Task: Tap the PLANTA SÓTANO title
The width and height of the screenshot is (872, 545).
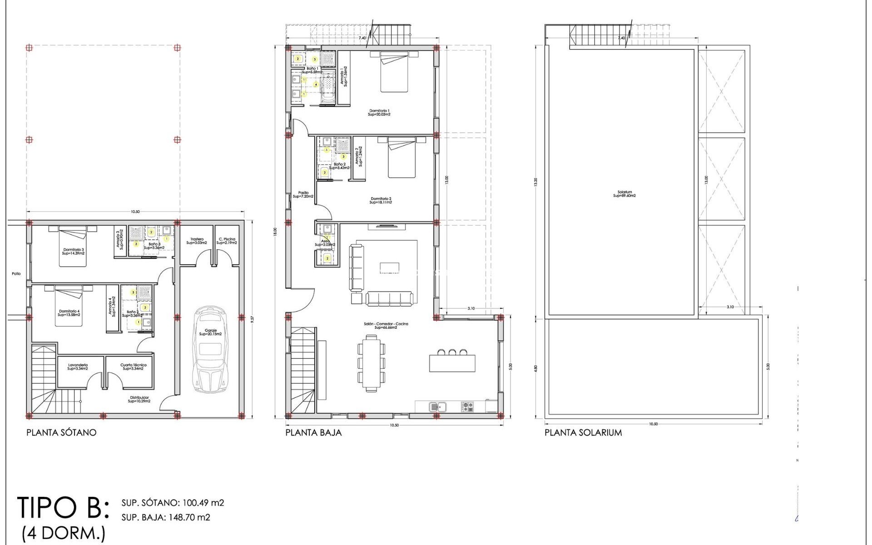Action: pyautogui.click(x=61, y=432)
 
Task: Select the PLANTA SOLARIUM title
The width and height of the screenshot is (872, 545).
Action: pyautogui.click(x=583, y=432)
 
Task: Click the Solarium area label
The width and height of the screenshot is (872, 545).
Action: pyautogui.click(x=624, y=194)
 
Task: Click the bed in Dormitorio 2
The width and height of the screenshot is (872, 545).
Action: pyautogui.click(x=401, y=159)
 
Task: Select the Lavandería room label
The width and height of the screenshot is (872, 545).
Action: pyautogui.click(x=78, y=367)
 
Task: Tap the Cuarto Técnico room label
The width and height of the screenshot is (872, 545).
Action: pyautogui.click(x=133, y=367)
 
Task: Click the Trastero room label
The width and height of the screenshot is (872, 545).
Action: pyautogui.click(x=197, y=241)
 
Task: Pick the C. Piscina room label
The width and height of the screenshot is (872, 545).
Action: pyautogui.click(x=227, y=241)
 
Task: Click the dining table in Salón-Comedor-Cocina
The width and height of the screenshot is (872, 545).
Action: pyautogui.click(x=372, y=363)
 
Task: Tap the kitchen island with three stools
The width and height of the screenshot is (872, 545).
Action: pyautogui.click(x=452, y=362)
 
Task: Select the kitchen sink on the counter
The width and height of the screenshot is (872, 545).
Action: pyautogui.click(x=437, y=406)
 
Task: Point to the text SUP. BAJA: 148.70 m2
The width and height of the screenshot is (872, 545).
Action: pyautogui.click(x=166, y=517)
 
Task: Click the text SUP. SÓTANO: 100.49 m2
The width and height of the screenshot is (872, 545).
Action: pyautogui.click(x=173, y=503)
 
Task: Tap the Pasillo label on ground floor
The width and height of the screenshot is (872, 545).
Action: pyautogui.click(x=303, y=194)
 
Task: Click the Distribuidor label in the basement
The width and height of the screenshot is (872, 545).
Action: pyautogui.click(x=138, y=399)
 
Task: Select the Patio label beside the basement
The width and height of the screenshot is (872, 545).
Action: pyautogui.click(x=16, y=273)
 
